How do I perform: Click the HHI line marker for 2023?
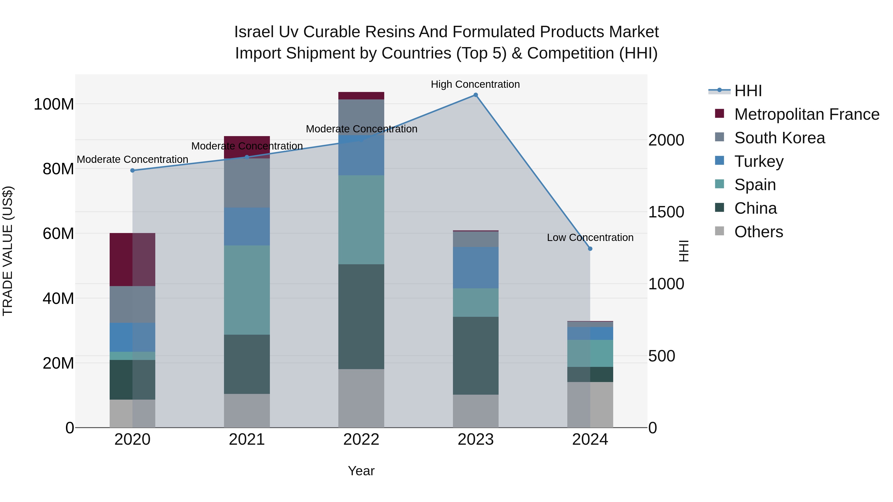[476, 95]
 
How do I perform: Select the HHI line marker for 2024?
[590, 249]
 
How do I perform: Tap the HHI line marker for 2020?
[132, 171]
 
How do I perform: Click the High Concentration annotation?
[475, 84]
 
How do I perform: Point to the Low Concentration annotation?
[590, 238]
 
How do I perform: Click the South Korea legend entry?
[779, 138]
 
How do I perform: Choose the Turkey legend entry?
[759, 161]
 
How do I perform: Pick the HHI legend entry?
[748, 91]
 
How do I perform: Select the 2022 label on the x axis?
[361, 440]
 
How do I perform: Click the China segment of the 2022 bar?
[361, 316]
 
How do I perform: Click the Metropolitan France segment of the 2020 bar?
[132, 260]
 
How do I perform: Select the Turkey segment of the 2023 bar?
[476, 267]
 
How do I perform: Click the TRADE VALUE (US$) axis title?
[8, 251]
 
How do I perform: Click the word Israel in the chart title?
[254, 32]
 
